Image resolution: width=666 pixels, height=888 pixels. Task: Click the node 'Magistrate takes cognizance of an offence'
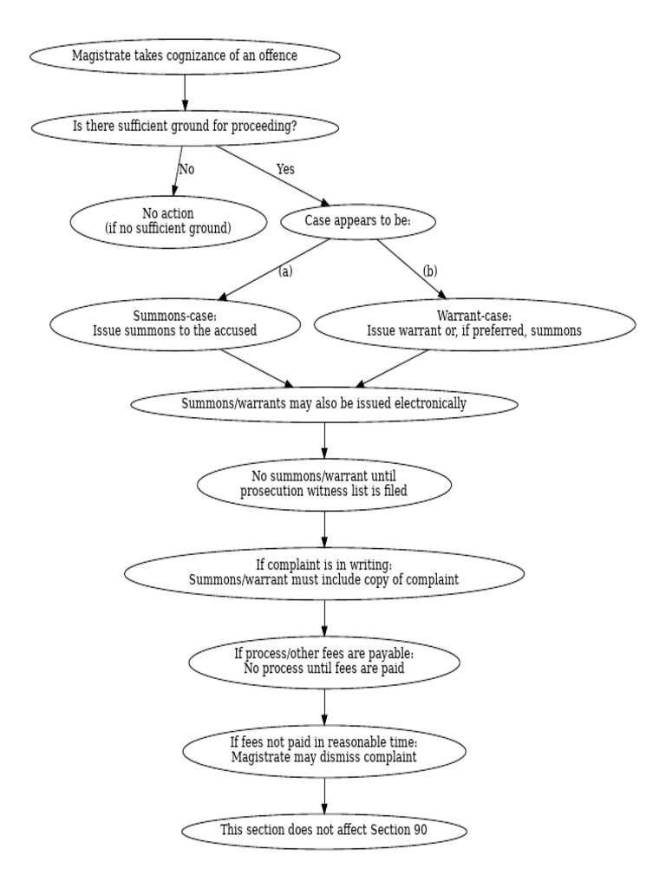185,56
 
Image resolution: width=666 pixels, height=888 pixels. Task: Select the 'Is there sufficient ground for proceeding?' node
185,127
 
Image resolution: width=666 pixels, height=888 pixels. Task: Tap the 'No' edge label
186,169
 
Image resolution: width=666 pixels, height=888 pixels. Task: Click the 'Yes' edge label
285,169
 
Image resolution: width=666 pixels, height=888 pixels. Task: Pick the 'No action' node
167,221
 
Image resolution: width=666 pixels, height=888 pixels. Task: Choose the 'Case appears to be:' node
357,221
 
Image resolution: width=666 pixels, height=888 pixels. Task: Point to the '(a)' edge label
285,271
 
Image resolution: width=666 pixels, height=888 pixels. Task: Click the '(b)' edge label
430,271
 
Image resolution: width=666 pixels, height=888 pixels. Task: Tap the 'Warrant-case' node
473,323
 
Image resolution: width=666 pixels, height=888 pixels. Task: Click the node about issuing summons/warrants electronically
323,403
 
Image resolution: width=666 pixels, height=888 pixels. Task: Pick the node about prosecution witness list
323,483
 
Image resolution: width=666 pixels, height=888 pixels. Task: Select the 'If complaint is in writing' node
323,571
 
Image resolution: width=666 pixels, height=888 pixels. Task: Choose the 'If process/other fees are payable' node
323,661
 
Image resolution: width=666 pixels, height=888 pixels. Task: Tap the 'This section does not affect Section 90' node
323,830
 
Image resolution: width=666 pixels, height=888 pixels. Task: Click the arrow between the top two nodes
185,92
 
